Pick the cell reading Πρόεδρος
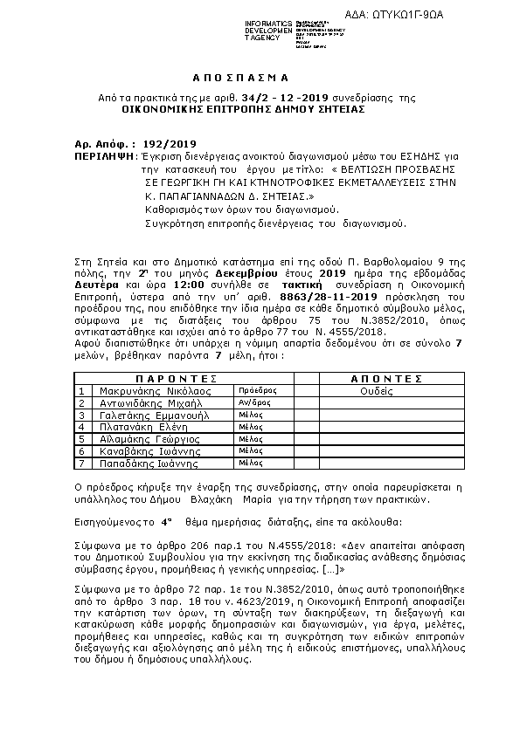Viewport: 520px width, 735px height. [256, 392]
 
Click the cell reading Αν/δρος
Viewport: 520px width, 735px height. [253, 403]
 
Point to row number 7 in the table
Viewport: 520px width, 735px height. [81, 464]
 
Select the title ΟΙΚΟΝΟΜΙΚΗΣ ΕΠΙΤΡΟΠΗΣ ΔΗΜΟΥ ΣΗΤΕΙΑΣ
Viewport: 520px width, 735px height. [244, 111]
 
